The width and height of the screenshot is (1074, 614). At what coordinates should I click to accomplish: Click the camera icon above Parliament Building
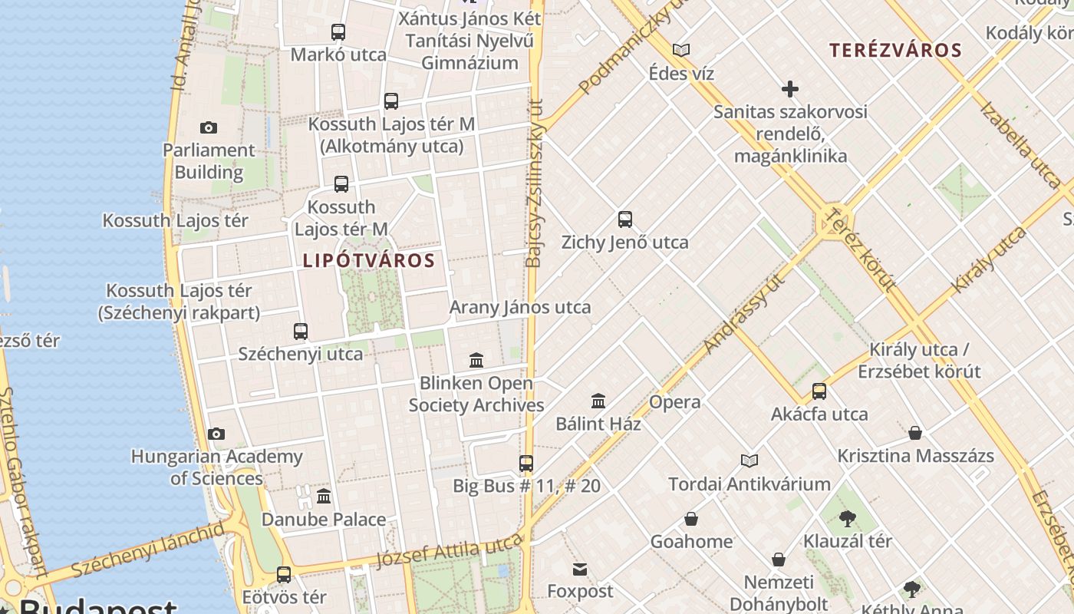[x=208, y=127]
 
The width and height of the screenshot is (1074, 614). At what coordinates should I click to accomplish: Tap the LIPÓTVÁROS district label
[x=369, y=261]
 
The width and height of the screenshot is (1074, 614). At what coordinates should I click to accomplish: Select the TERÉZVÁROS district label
[x=895, y=51]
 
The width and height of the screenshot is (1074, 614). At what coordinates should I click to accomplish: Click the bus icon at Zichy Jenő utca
[x=625, y=220]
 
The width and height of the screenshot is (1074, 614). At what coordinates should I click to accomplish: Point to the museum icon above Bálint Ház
[x=598, y=401]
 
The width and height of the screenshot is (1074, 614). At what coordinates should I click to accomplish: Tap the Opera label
[x=674, y=402]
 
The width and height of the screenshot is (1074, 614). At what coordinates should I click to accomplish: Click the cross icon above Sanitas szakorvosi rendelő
[x=790, y=89]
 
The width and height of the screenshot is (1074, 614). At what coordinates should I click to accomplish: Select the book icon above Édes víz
[x=681, y=51]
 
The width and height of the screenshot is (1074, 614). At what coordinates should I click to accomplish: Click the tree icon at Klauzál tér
[x=847, y=519]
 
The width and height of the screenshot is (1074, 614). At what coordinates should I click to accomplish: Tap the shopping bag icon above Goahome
[x=691, y=520]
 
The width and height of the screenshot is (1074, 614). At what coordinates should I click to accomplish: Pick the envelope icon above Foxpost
[x=580, y=569]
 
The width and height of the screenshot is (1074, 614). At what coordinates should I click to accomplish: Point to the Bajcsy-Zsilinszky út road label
[x=535, y=184]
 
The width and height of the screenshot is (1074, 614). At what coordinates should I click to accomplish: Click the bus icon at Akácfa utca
[x=819, y=391]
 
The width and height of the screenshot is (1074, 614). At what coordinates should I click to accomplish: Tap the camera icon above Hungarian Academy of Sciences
[x=216, y=434]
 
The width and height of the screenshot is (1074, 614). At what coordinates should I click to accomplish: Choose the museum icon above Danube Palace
[x=324, y=497]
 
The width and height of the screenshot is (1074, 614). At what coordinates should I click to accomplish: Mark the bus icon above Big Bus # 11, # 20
[x=526, y=464]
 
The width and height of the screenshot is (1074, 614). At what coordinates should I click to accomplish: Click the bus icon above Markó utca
[x=338, y=32]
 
